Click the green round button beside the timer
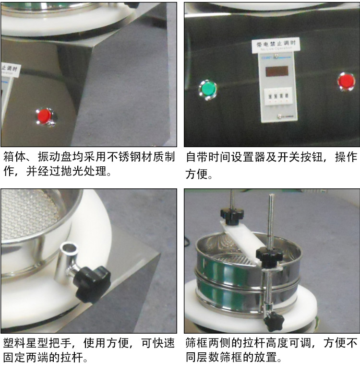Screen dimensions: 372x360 click(x=208, y=89)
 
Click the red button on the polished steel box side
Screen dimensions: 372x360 click(x=45, y=116)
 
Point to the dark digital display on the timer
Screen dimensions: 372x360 click(x=277, y=71)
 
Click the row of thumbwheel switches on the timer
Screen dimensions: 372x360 click(x=277, y=97)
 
